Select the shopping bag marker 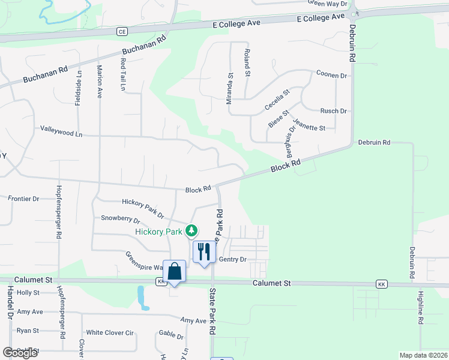pyautogui.click(x=174, y=271)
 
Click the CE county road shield pyautogui.click(x=122, y=31)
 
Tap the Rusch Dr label pyautogui.click(x=334, y=111)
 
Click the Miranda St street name pyautogui.click(x=230, y=89)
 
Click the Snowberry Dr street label pyautogui.click(x=120, y=218)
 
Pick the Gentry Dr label pyautogui.click(x=233, y=259)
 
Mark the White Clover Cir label pyautogui.click(x=109, y=332)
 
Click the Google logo pyautogui.click(x=20, y=353)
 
